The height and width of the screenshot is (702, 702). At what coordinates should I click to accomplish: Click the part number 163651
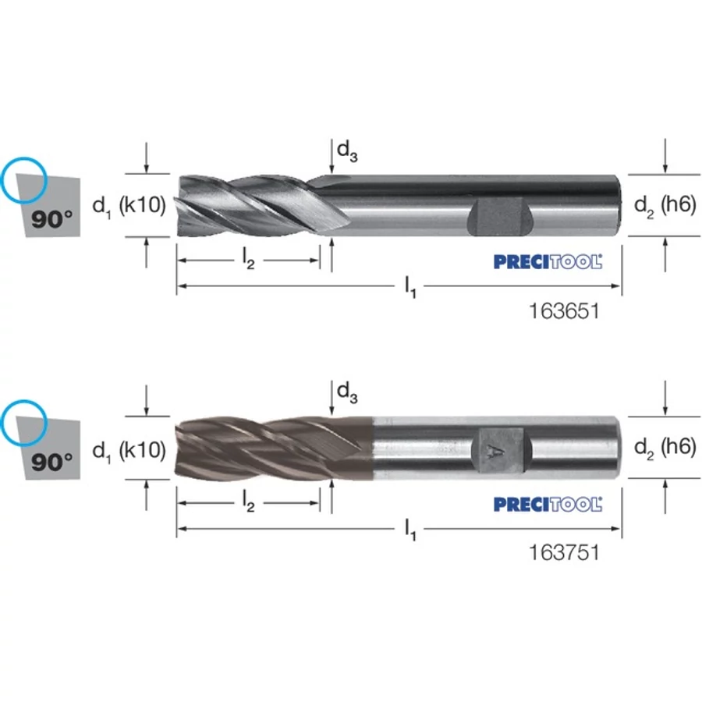tap(564, 310)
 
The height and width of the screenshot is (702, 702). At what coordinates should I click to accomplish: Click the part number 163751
tap(564, 552)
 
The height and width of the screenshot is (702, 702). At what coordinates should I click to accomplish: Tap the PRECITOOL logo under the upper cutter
tap(548, 261)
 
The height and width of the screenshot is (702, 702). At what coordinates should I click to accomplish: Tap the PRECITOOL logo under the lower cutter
tap(548, 504)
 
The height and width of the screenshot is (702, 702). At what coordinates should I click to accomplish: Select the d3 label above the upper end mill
tap(347, 151)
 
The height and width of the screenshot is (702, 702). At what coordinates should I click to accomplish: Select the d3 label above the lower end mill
tap(347, 392)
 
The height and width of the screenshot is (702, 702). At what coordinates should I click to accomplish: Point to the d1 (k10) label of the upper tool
tap(129, 206)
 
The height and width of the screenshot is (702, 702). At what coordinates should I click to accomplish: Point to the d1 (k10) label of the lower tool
tap(129, 450)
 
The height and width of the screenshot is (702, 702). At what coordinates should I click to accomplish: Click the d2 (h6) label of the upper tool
tap(665, 206)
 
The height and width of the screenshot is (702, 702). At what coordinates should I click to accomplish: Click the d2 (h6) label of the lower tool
tap(665, 448)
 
